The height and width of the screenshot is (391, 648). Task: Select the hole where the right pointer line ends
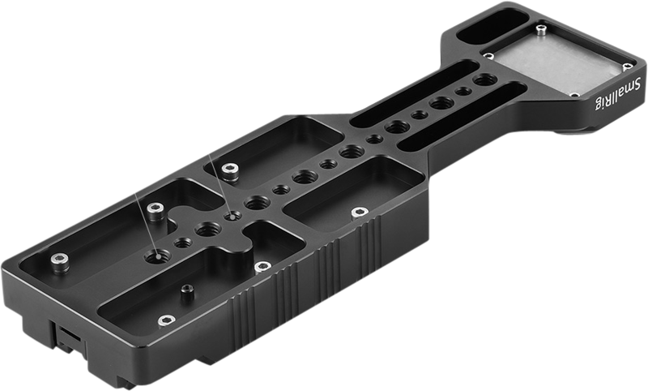[234, 217]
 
